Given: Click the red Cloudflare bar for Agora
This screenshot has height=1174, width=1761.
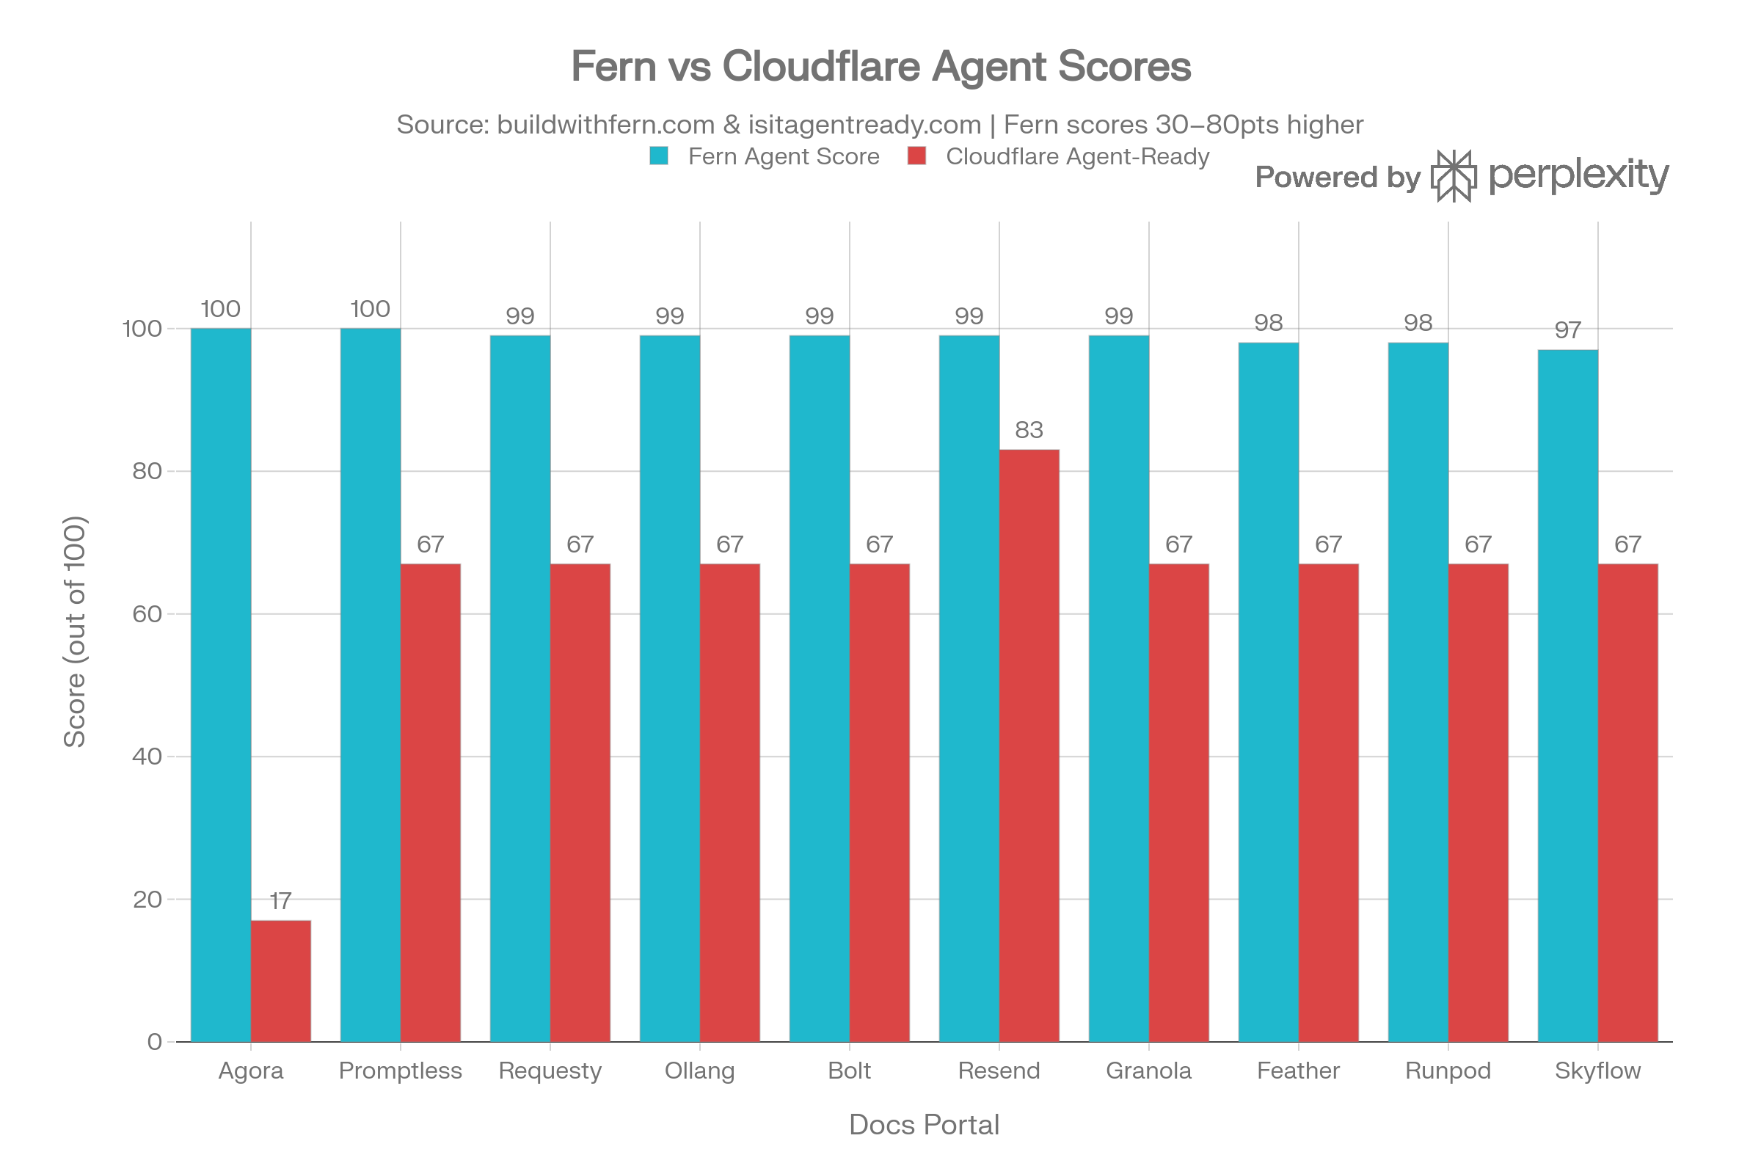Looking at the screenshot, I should [x=281, y=981].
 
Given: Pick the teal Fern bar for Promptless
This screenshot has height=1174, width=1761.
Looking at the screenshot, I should [x=370, y=685].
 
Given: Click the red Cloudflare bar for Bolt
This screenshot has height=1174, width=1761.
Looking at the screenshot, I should [x=880, y=802].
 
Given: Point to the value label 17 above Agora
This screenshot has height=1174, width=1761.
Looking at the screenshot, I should [x=280, y=901].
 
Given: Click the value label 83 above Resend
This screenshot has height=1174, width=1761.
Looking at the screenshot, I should [x=1029, y=430].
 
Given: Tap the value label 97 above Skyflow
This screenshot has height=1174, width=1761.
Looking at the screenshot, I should [x=1567, y=330].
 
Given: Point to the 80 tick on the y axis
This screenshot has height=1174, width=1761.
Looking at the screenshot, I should [x=147, y=471].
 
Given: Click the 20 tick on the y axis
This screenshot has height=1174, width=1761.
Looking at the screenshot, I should [x=147, y=900].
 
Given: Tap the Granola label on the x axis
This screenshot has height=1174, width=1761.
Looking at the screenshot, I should [x=1148, y=1071].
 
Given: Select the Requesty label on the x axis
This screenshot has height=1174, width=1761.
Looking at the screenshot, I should [x=550, y=1071].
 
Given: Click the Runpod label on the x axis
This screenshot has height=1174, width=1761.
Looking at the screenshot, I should [x=1448, y=1071].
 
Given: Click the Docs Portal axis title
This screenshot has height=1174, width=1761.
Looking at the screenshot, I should [x=924, y=1126].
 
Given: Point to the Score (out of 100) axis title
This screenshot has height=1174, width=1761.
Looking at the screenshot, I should [x=75, y=631].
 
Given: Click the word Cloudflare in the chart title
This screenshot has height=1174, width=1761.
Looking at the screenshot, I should [x=820, y=66].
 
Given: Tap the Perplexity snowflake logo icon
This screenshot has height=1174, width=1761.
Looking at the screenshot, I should [x=1454, y=176].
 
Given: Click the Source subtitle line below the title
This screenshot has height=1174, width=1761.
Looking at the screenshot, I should [x=880, y=124].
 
